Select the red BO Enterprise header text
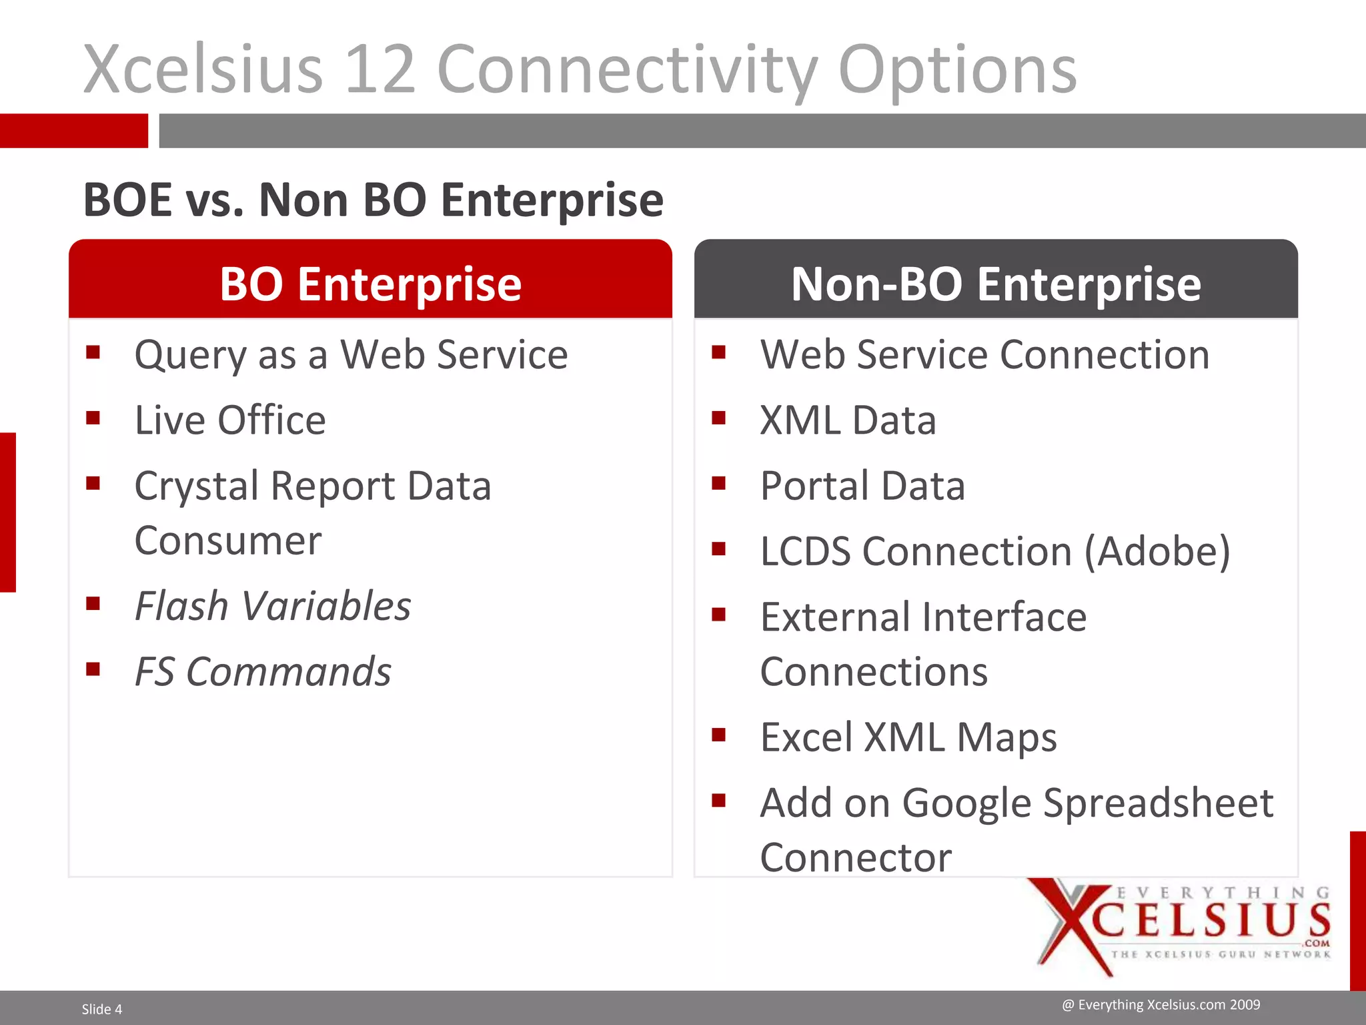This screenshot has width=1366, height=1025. [370, 284]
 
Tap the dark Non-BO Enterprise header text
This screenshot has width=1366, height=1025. [996, 284]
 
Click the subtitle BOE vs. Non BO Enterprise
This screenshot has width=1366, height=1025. [373, 200]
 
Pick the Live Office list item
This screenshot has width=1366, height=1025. [230, 420]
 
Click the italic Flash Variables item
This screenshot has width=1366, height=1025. [273, 606]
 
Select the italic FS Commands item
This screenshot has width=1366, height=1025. [263, 671]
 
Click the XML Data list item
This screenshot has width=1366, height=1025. [848, 420]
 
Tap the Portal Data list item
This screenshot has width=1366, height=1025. [862, 486]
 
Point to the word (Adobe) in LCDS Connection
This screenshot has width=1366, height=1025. [1157, 552]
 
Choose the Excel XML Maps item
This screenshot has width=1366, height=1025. [908, 737]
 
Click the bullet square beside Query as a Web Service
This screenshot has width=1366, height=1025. [93, 352]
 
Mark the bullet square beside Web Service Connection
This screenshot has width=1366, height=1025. [718, 352]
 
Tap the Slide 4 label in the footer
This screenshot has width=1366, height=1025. [102, 1009]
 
